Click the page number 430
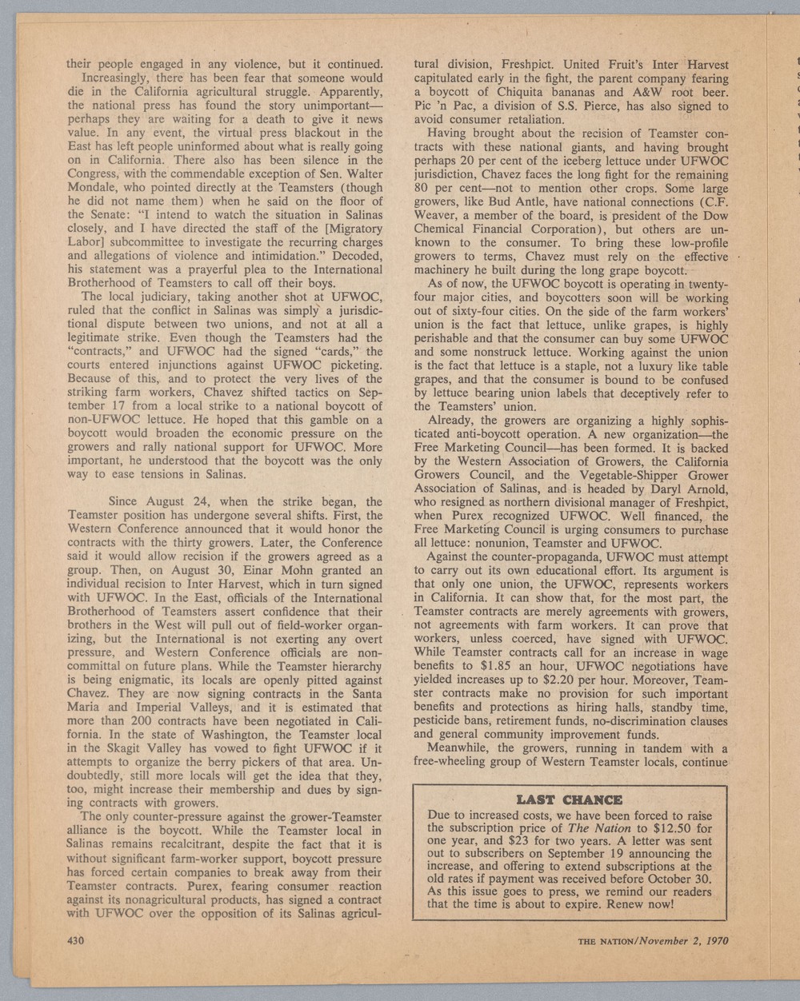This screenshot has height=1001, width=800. click(76, 940)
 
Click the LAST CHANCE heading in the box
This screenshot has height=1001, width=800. click(569, 800)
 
